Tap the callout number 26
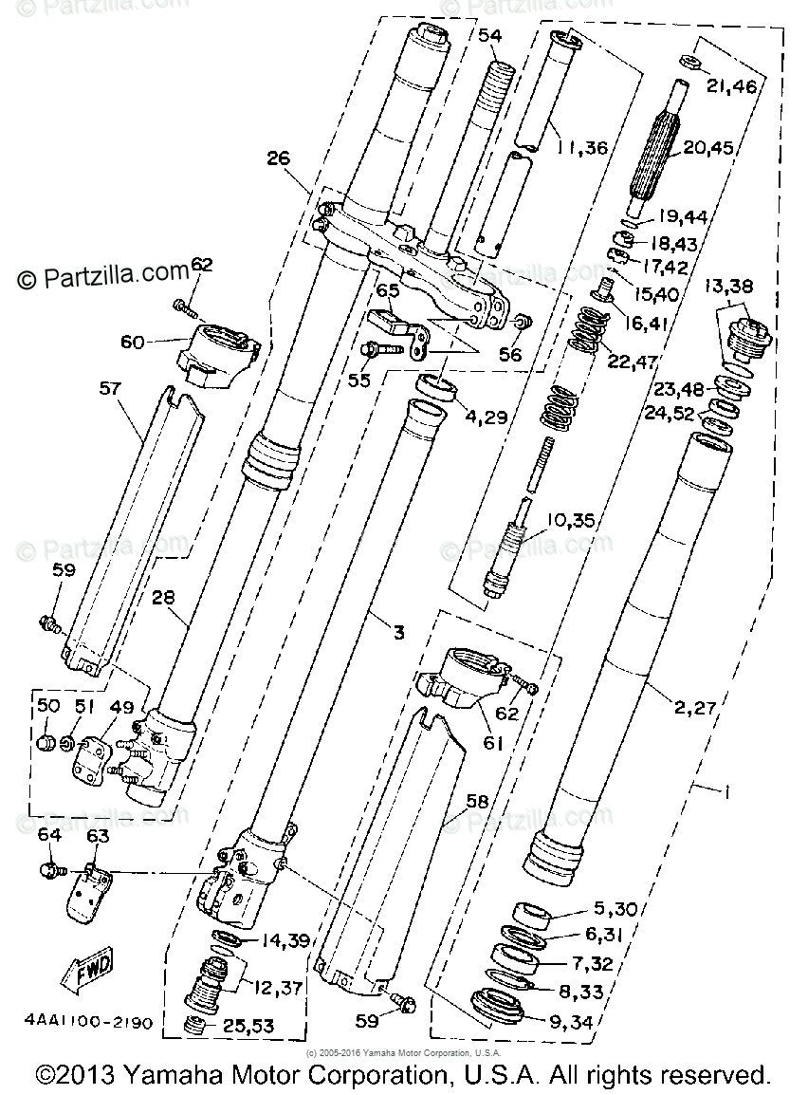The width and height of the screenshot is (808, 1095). [x=277, y=159]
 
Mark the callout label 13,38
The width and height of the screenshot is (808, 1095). [x=728, y=286]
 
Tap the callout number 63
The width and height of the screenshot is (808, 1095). [x=98, y=836]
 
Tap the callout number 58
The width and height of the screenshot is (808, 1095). [x=477, y=802]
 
